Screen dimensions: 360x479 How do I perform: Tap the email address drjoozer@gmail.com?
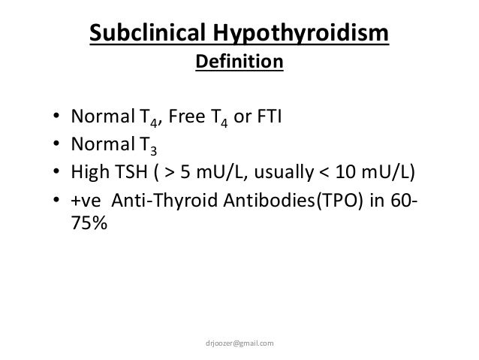click(x=239, y=343)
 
